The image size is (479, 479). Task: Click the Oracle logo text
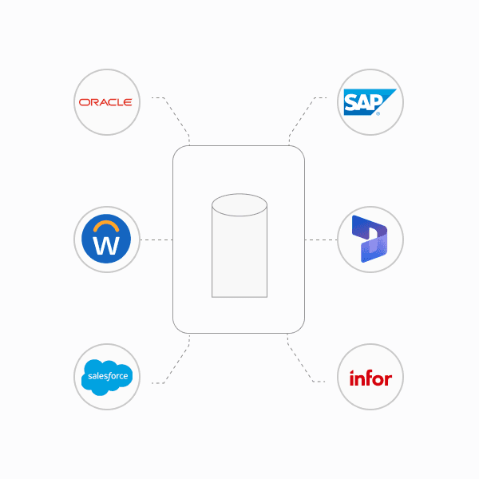coord(105,102)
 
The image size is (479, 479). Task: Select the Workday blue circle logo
coord(106,239)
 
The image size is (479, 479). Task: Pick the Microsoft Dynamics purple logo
coord(370,239)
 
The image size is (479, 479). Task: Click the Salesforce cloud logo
coord(106,376)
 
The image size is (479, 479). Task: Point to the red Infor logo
coord(370,378)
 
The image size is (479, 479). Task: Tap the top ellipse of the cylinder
coord(239,204)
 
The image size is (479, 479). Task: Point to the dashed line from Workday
coord(156,239)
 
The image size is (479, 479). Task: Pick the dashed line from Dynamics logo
coord(321,239)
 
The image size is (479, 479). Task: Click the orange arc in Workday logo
coord(106,224)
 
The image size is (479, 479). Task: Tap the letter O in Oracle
coord(83,102)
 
